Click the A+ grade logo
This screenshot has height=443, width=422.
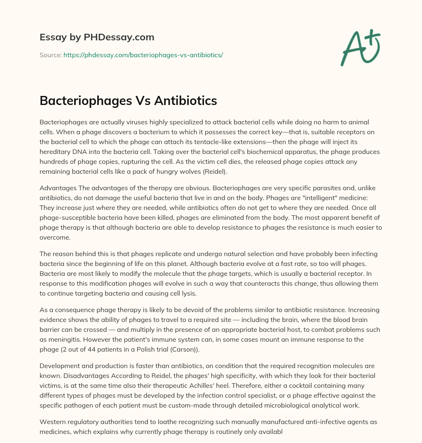coord(360,47)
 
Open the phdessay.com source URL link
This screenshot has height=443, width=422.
coord(143,55)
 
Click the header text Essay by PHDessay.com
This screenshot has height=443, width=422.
coord(97,37)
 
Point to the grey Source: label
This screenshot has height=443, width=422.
coord(50,55)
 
